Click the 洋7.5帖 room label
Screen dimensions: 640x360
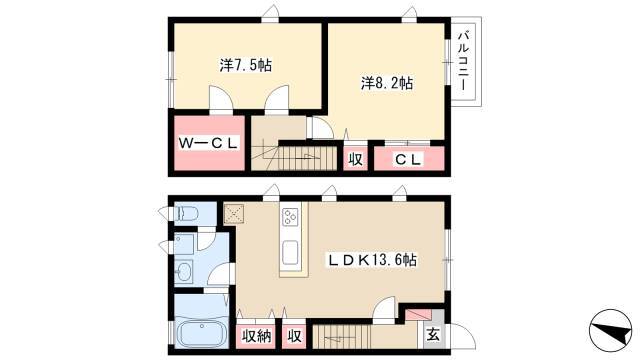coord(246,65)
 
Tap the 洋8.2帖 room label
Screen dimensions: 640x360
coord(387,83)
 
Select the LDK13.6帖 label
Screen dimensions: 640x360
coord(373,260)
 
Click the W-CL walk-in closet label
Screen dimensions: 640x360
coord(209,143)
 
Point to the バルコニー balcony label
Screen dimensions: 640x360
coord(464,61)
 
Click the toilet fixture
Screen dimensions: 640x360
coord(186,213)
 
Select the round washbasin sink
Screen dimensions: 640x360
coord(184,271)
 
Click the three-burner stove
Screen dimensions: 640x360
coord(291,216)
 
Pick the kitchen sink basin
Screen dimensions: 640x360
coord(291,252)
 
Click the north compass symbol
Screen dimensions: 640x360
coord(610,330)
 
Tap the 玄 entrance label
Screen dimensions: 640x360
coord(433,335)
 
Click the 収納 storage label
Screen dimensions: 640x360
coord(256,336)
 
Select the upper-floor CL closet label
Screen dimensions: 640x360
coord(408,160)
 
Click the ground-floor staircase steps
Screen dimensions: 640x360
coord(342,336)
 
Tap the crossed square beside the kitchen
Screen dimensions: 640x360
coord(233,214)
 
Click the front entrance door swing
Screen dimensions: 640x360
coord(462,336)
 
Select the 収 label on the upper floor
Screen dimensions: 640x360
coord(356,160)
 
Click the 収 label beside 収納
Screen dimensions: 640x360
coord(294,336)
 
